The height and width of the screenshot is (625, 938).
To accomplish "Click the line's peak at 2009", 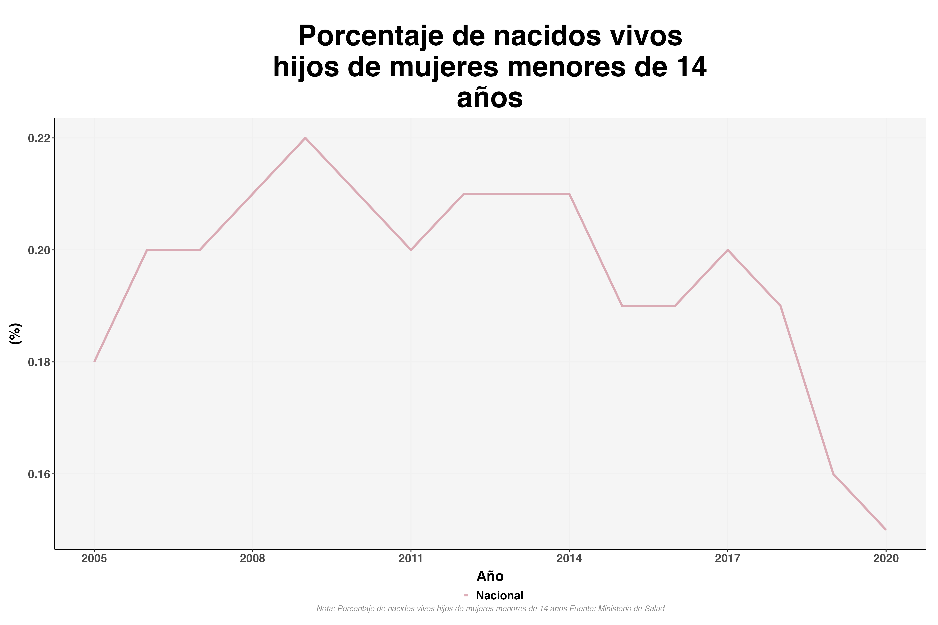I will (x=305, y=138).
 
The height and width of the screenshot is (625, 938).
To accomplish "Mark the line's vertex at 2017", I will (x=727, y=250).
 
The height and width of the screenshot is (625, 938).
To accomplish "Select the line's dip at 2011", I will (x=411, y=250).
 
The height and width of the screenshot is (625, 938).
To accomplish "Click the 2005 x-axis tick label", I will (x=94, y=558).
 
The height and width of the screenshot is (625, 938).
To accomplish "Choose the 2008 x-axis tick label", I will (x=252, y=558).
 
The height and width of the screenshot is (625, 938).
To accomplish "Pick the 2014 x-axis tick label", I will (x=569, y=558).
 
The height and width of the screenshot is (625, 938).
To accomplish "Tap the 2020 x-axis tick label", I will (x=886, y=558).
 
